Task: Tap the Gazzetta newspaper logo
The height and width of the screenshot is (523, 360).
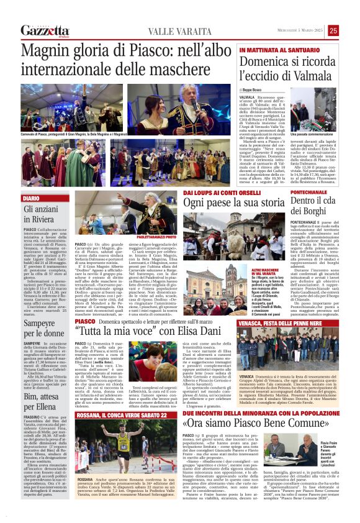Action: pyautogui.click(x=45, y=30)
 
